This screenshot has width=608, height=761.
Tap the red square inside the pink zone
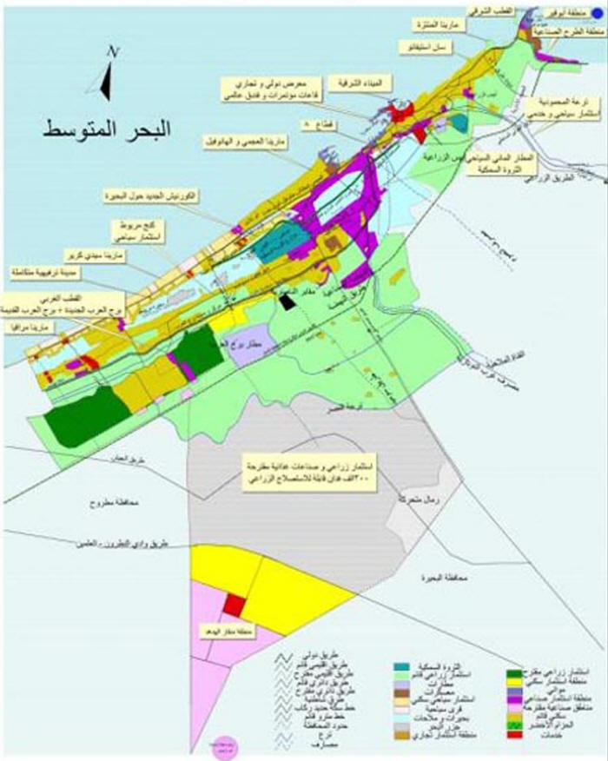(x=235, y=605)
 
